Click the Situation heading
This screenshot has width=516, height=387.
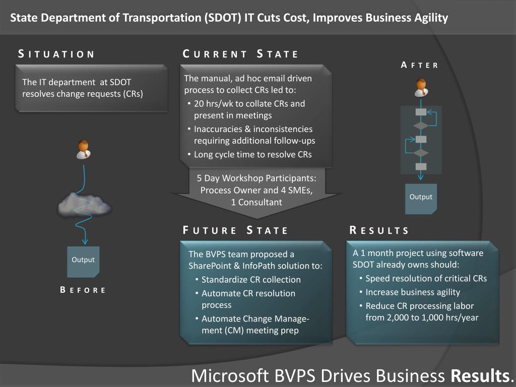pos(56,54)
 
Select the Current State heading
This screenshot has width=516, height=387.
pos(240,54)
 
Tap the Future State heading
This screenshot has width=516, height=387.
pos(235,231)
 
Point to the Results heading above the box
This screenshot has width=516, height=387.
pos(379,231)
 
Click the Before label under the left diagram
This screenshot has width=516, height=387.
pos(83,290)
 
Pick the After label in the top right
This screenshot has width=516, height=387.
pos(420,65)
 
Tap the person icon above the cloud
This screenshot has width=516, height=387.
pos(83,149)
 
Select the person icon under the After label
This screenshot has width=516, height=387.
pos(420,87)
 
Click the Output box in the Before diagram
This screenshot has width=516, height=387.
pos(83,261)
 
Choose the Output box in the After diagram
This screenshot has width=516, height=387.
pos(421,198)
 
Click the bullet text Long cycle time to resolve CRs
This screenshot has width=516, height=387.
pos(252,155)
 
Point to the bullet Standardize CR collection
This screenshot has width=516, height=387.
pos(251,280)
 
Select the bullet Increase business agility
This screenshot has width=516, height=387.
pos(413,292)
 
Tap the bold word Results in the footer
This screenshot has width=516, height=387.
pos(480,376)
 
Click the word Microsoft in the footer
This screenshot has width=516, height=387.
pos(230,376)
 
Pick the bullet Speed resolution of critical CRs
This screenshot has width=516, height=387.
pos(426,278)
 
